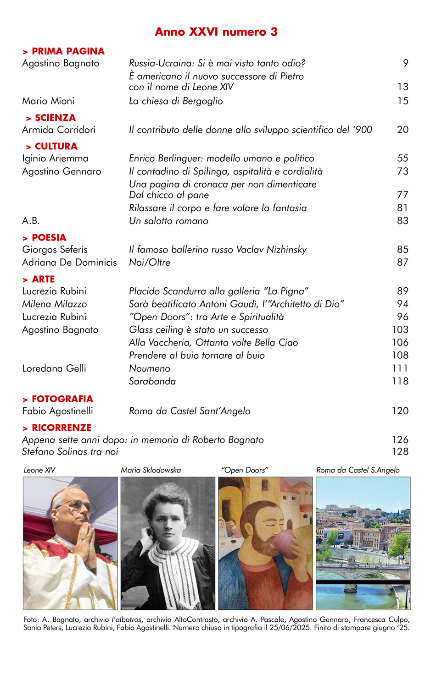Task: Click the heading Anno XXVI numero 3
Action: [216, 32]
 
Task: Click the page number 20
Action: [402, 130]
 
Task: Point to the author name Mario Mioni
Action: [48, 101]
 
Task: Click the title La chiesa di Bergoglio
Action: [176, 101]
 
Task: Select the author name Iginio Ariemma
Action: [55, 159]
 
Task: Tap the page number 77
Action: [402, 195]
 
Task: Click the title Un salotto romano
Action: [168, 221]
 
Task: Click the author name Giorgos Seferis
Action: [55, 250]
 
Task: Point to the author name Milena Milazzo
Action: [54, 304]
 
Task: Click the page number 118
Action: [400, 381]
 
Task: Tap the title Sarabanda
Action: [152, 381]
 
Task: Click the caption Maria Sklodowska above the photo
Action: [151, 470]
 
